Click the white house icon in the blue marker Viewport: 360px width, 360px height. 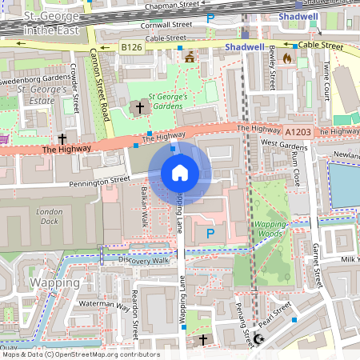coord(179,173)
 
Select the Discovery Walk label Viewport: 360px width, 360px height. coord(144,260)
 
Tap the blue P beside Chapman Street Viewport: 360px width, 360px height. coord(210,18)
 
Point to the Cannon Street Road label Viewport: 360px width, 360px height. coord(98,80)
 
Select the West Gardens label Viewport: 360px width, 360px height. coord(284,146)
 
